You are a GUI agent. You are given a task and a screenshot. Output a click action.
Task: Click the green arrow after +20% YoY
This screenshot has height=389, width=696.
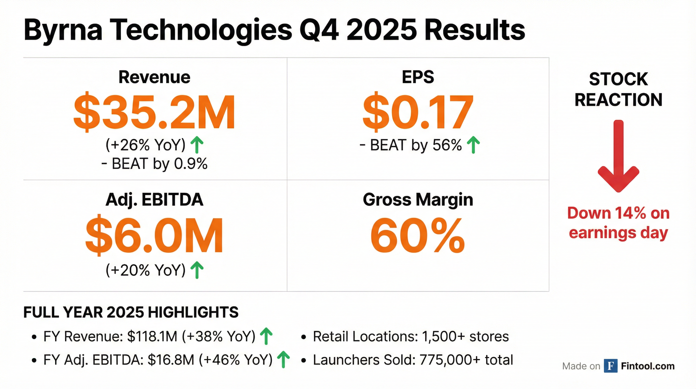click(x=197, y=270)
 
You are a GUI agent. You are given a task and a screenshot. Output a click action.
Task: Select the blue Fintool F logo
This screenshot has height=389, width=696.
click(x=610, y=366)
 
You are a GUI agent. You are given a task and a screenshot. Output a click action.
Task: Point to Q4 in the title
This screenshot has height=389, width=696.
click(x=319, y=30)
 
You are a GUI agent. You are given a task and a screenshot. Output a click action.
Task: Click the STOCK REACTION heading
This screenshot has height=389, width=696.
click(x=618, y=89)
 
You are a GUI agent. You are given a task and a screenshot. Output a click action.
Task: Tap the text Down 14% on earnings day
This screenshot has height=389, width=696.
click(x=618, y=223)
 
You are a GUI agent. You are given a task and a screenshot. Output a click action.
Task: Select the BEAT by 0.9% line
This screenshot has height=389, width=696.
click(x=155, y=164)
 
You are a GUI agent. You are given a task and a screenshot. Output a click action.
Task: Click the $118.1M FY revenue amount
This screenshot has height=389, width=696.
click(x=152, y=337)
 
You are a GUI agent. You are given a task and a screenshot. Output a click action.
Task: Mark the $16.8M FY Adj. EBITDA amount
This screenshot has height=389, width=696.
click(x=171, y=360)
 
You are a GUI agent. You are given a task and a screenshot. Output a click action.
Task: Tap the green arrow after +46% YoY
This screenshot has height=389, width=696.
click(x=284, y=359)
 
